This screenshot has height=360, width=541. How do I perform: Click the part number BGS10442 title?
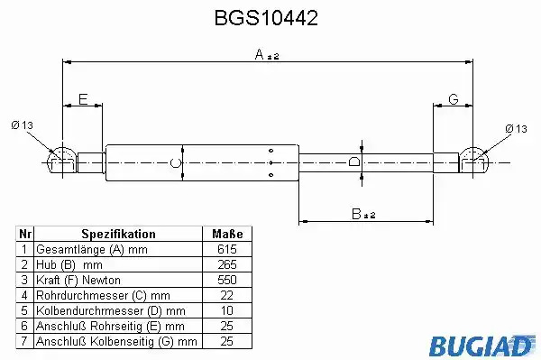pyautogui.click(x=266, y=18)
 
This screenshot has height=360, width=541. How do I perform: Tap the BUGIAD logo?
pyautogui.click(x=482, y=346)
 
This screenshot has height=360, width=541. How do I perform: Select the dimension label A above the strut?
pyautogui.click(x=260, y=54)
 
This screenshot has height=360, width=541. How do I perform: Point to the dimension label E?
pyautogui.click(x=83, y=99)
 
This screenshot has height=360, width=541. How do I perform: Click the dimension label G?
pyautogui.click(x=454, y=99)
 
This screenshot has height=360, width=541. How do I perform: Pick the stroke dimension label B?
pyautogui.click(x=356, y=214)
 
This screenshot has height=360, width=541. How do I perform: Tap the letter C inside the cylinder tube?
pyautogui.click(x=176, y=162)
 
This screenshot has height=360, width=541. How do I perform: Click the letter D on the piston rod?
pyautogui.click(x=354, y=162)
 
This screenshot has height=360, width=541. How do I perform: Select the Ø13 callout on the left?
pyautogui.click(x=22, y=125)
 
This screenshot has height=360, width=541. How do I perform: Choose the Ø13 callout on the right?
pyautogui.click(x=516, y=129)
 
